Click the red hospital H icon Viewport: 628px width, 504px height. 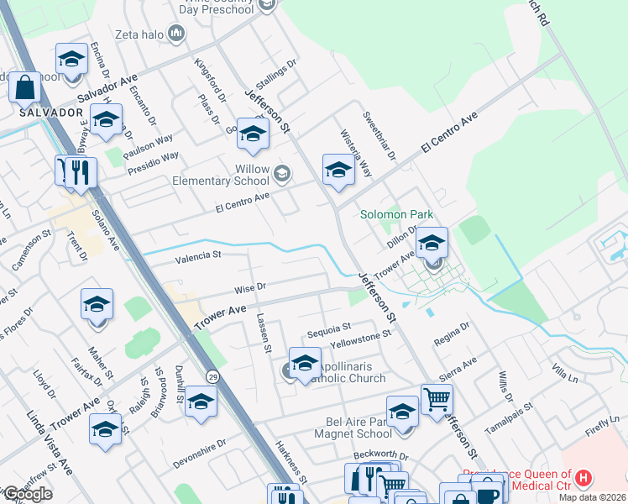click(584, 479)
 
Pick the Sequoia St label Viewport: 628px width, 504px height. click(327, 327)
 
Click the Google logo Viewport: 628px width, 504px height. click(27, 493)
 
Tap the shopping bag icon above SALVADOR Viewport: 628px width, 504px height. click(25, 86)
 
